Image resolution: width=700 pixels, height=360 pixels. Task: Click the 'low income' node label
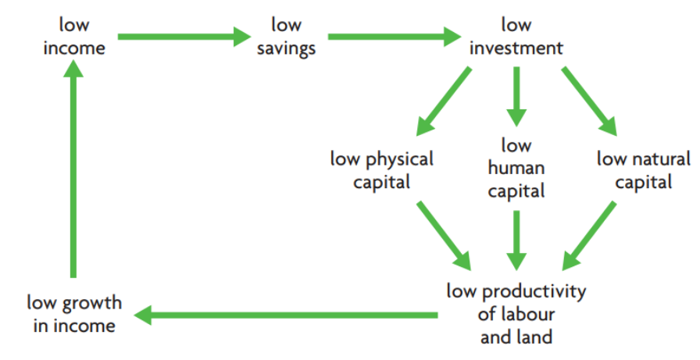(x=74, y=37)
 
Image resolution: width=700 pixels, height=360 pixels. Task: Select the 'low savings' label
(x=286, y=37)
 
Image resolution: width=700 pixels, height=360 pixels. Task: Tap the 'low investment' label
(x=515, y=37)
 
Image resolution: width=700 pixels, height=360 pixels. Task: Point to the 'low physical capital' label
(x=381, y=170)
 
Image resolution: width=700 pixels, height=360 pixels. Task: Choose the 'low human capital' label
(x=516, y=168)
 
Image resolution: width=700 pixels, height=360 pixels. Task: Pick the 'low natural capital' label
(x=643, y=170)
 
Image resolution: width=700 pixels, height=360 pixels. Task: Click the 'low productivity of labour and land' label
(x=516, y=314)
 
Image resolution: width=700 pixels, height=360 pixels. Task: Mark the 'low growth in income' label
(x=74, y=313)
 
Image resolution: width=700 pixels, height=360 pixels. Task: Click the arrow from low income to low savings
(x=183, y=36)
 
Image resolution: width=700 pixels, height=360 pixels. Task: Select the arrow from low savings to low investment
(x=395, y=36)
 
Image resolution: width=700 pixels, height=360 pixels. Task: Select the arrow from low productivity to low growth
(x=286, y=315)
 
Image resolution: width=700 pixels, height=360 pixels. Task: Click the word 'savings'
(x=286, y=48)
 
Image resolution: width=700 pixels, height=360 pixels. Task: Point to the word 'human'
(x=516, y=168)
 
